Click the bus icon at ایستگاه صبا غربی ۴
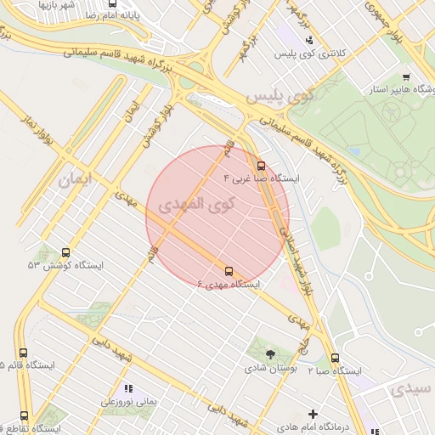click(x=260, y=166)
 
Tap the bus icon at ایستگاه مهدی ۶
click(x=229, y=271)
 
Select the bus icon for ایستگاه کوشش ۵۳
click(x=66, y=252)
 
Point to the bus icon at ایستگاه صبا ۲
click(x=335, y=359)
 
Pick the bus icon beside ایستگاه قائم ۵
click(x=23, y=353)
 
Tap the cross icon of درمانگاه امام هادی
click(x=313, y=414)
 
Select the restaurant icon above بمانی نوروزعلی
click(x=128, y=388)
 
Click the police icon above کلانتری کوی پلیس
click(x=309, y=39)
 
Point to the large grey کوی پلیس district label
click(x=280, y=95)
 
